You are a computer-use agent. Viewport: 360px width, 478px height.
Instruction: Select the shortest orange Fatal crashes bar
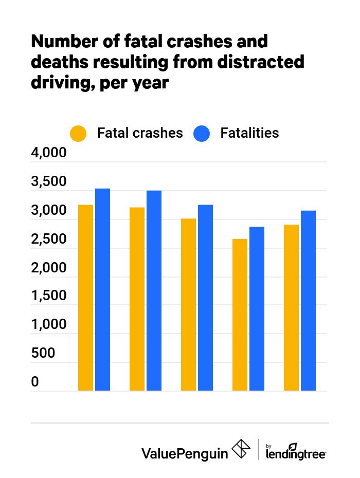click(x=240, y=315)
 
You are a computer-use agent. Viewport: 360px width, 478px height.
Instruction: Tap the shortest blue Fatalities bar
click(x=257, y=308)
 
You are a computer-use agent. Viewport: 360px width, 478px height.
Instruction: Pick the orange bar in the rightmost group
click(x=291, y=307)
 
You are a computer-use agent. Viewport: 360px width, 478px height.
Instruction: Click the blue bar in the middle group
click(x=205, y=298)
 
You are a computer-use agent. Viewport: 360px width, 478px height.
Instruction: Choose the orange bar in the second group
click(x=137, y=299)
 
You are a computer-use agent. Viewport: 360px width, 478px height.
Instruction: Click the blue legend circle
click(x=202, y=133)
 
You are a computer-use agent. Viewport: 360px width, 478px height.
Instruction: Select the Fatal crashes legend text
click(x=140, y=133)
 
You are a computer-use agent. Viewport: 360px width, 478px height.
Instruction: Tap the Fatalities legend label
click(x=249, y=133)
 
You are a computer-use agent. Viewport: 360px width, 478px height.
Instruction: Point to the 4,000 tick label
click(x=49, y=154)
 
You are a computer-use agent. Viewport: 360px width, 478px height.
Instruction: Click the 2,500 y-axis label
click(x=49, y=240)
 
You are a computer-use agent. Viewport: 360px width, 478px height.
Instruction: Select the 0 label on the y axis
click(x=35, y=382)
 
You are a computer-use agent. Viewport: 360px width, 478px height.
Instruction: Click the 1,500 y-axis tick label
click(x=49, y=297)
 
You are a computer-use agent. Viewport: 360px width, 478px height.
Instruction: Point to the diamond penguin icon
click(x=242, y=450)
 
